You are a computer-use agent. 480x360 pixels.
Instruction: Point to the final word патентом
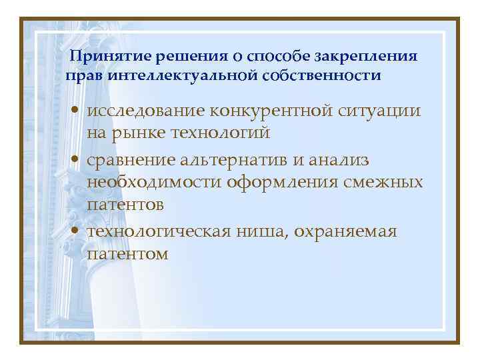(x=127, y=253)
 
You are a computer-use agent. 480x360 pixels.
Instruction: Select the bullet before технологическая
(x=78, y=232)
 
